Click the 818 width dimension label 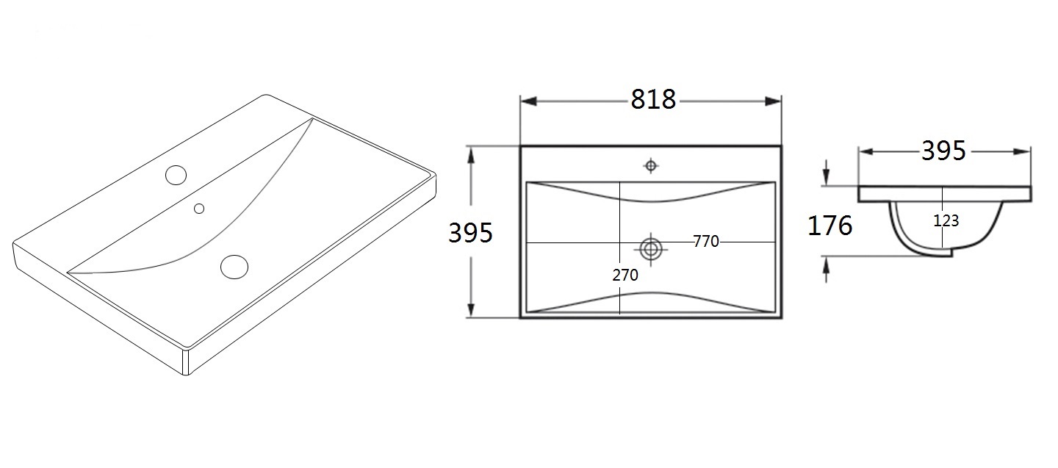(x=653, y=100)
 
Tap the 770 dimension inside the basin (x=706, y=241)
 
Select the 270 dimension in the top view (x=625, y=275)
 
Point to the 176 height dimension (x=830, y=226)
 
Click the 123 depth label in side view (x=946, y=220)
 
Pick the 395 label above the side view (x=943, y=151)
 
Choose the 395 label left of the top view (x=470, y=233)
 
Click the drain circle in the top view (x=651, y=249)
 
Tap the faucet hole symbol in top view (x=651, y=166)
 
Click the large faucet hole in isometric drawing (x=176, y=175)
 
